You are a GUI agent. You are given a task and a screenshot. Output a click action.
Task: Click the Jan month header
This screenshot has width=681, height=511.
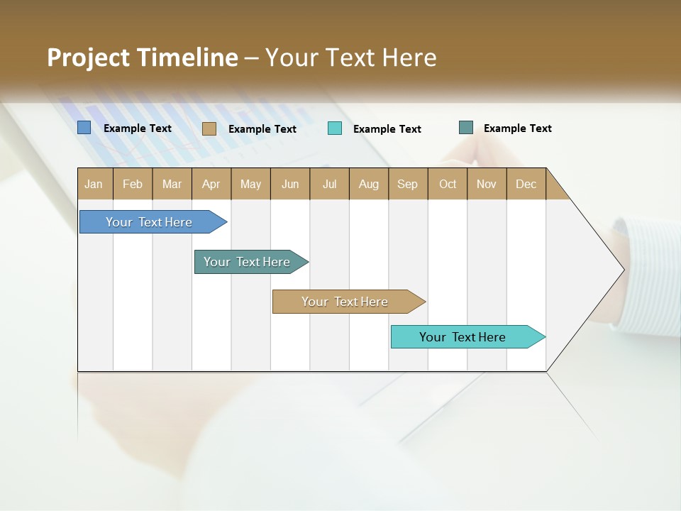click(x=94, y=184)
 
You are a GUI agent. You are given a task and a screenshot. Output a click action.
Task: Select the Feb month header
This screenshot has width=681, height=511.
click(x=133, y=184)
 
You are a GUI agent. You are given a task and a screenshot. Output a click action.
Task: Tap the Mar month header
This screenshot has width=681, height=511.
click(x=172, y=184)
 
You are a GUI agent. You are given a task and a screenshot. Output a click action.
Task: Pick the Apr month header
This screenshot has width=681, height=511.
click(x=211, y=184)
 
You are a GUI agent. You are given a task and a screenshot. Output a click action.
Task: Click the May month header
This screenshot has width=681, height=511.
click(x=250, y=184)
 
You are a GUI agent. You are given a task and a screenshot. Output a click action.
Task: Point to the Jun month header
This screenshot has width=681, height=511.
click(x=290, y=184)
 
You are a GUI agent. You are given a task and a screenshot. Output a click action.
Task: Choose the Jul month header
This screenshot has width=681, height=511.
click(x=329, y=184)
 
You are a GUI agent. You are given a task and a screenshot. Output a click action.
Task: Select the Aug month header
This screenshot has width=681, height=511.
click(x=369, y=184)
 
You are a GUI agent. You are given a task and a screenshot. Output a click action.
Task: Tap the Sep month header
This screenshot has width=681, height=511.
click(x=408, y=184)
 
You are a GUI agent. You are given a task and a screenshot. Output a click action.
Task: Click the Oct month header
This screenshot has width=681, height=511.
click(x=448, y=184)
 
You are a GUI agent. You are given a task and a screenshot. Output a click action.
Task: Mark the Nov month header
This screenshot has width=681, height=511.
click(x=487, y=184)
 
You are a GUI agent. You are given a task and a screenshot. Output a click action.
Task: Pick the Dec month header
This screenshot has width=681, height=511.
click(x=526, y=184)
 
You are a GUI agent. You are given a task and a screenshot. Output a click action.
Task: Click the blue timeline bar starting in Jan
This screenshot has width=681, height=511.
click(x=150, y=222)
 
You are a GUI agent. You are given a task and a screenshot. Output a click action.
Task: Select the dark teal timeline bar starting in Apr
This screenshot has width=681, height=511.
click(x=248, y=262)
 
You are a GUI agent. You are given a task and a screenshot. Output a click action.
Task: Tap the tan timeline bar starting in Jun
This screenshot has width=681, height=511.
click(x=345, y=302)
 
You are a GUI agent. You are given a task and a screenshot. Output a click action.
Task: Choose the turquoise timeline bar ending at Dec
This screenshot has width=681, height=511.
click(x=463, y=337)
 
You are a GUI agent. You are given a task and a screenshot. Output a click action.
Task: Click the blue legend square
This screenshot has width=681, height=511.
click(x=84, y=128)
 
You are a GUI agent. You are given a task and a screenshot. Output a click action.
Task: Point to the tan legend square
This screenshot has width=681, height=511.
click(x=209, y=128)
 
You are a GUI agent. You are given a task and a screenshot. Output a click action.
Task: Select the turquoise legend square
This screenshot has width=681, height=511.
click(x=335, y=128)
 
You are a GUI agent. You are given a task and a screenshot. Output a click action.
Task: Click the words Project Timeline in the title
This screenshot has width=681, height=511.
click(x=143, y=57)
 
